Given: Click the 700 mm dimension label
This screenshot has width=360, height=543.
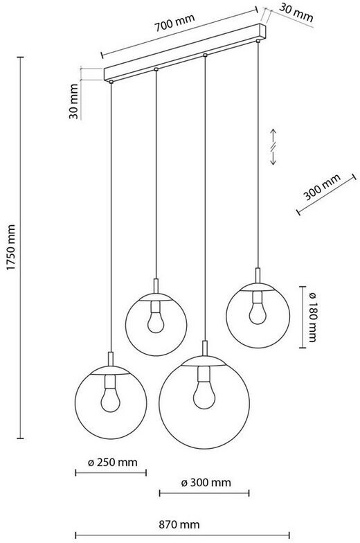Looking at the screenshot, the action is (x=174, y=22).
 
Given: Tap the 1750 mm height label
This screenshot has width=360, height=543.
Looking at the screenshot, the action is (x=11, y=247).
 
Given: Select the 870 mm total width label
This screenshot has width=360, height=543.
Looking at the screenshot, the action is (x=179, y=524).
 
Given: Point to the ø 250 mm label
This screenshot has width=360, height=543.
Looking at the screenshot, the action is (x=112, y=463).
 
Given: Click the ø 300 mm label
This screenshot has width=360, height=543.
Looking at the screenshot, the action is (x=206, y=482).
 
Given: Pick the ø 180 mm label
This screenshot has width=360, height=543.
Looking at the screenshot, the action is (x=312, y=317).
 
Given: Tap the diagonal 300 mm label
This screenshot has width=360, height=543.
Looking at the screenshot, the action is (x=322, y=187).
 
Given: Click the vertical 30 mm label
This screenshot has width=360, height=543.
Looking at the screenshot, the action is (x=73, y=101).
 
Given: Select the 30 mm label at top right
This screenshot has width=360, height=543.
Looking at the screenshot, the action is (x=296, y=12).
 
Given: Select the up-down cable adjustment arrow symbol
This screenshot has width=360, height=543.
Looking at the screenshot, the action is (x=273, y=147).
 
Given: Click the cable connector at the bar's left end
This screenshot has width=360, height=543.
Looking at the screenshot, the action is (x=111, y=82).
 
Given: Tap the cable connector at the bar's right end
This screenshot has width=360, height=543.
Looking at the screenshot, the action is (x=258, y=42).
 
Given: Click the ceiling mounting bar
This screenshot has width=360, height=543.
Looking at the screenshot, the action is (x=186, y=52).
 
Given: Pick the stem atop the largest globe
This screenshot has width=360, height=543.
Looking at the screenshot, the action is (x=205, y=348).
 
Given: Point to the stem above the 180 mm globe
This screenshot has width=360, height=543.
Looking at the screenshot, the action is (x=258, y=276).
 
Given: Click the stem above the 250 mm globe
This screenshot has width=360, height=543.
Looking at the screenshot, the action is (x=111, y=359).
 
